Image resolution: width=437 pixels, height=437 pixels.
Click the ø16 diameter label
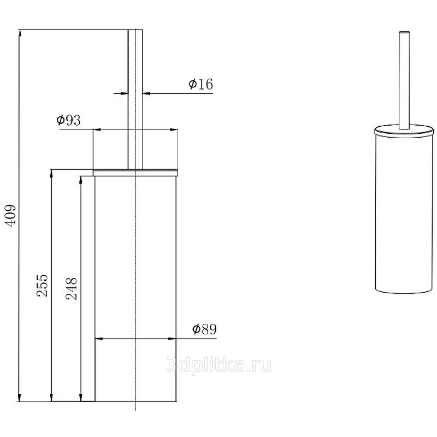point(200,84)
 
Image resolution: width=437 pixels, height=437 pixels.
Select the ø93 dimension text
point(69,120)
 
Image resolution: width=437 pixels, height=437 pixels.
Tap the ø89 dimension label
point(204,329)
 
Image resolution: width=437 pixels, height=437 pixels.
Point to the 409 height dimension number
point(11,215)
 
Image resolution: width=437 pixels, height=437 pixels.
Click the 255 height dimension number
point(43,285)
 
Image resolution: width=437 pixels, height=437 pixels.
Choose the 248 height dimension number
point(72,288)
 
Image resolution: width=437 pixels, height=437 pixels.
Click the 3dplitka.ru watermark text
point(218,365)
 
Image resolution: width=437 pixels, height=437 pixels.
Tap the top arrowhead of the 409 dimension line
point(20,33)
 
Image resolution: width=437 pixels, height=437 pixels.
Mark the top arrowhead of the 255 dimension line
point(51,173)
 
